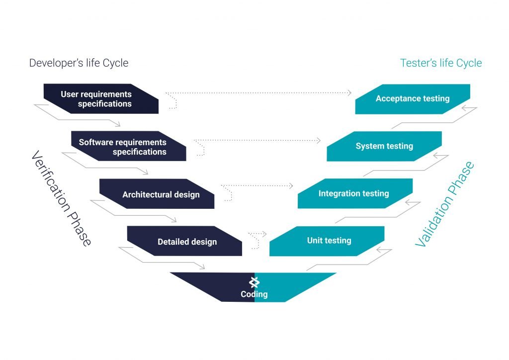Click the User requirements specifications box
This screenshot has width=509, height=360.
(101, 98)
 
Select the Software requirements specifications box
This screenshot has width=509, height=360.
(129, 146)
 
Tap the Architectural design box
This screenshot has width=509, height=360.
(157, 194)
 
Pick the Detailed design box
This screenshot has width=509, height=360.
(184, 241)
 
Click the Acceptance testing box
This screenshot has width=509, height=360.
(413, 99)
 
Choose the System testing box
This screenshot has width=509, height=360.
(384, 146)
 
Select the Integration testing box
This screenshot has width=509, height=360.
(355, 193)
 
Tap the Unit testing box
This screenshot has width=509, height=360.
(327, 241)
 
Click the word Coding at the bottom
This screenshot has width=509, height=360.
(254, 294)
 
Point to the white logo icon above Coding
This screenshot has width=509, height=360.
(254, 282)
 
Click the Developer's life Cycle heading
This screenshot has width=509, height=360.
(79, 63)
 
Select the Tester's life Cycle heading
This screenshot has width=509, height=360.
(441, 63)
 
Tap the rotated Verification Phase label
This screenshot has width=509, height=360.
(61, 198)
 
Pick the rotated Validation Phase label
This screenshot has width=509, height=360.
(445, 204)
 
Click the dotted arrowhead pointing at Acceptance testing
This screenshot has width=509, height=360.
(349, 93)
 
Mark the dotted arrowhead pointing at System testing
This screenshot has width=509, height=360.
(319, 141)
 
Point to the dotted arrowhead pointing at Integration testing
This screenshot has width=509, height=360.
(291, 185)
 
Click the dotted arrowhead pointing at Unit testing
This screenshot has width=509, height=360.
(264, 233)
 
